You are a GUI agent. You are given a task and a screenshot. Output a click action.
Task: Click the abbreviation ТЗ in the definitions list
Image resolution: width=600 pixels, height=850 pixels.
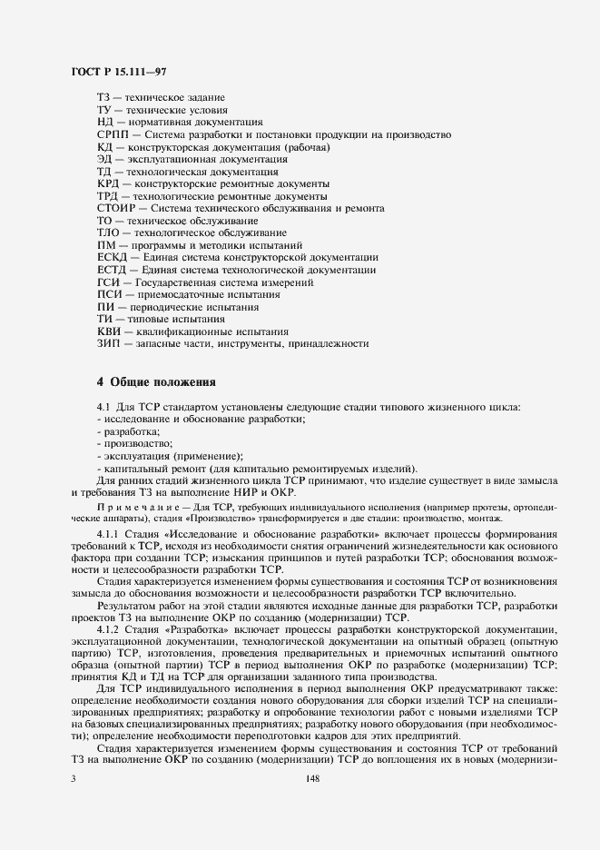(103, 96)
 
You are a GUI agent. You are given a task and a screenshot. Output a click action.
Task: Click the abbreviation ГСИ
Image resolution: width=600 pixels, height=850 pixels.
(108, 282)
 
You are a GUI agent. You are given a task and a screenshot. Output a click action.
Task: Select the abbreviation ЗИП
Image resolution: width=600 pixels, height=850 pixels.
(108, 343)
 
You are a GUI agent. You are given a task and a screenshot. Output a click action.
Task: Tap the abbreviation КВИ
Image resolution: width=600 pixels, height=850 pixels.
(108, 331)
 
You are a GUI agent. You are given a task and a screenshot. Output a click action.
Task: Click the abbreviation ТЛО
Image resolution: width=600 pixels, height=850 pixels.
(108, 232)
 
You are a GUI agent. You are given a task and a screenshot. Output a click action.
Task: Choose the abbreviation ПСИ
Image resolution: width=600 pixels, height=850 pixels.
(108, 294)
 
